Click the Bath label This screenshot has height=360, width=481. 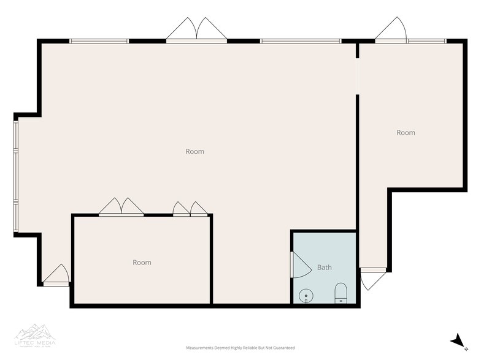coord(324,268)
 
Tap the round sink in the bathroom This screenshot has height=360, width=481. coord(306,296)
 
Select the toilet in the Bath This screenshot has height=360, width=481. coord(341,293)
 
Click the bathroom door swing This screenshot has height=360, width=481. coord(299,265)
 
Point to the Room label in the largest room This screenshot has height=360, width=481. coord(194,151)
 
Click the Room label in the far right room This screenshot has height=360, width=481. coord(406,132)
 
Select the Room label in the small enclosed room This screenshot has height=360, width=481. coord(142,262)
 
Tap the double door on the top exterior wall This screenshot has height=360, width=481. coord(196,31)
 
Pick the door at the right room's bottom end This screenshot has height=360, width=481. coord(372,279)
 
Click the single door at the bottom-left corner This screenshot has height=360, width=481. coord(57,276)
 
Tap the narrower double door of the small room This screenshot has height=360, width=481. coord(190,209)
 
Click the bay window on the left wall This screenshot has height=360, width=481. coord(16,175)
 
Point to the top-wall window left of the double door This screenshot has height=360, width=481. coord(99,41)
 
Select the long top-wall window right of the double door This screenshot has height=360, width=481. coord(300,41)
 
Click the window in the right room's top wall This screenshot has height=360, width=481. coord(427,41)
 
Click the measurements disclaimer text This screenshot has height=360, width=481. coord(240,348)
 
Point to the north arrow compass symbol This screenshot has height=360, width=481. coord(457,341)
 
